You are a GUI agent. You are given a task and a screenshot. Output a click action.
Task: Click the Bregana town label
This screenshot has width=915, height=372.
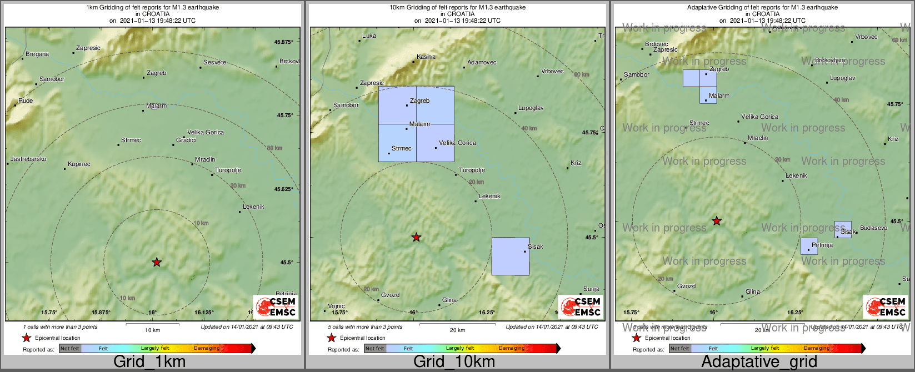[x=37, y=54]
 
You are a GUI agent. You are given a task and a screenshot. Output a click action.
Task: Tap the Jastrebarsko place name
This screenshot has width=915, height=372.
[x=28, y=159]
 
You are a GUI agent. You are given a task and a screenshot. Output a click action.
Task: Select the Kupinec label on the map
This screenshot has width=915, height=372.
[x=79, y=164]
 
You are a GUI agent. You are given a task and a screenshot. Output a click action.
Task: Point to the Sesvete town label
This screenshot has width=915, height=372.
[x=214, y=63]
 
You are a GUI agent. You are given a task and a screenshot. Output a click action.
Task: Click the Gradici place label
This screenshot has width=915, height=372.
[x=186, y=140]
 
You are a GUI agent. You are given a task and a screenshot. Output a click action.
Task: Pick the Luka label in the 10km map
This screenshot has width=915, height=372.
[x=369, y=36]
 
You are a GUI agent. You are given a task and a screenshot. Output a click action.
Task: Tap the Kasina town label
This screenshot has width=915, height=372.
[x=426, y=57]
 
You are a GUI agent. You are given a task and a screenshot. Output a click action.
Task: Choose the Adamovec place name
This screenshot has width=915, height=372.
[x=482, y=63]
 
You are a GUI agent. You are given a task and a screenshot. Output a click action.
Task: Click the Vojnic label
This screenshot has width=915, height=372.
[x=336, y=306]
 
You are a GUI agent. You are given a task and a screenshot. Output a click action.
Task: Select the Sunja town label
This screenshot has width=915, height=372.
[x=591, y=289]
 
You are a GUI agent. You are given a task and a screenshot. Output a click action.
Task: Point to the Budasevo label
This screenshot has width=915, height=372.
[x=873, y=228]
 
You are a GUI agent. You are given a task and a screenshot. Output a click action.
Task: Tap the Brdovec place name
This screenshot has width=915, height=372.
[x=657, y=44]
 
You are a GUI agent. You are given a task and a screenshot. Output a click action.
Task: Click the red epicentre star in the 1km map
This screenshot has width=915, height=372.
[x=157, y=262]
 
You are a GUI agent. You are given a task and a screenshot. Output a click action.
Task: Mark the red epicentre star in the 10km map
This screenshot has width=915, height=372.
[x=416, y=238]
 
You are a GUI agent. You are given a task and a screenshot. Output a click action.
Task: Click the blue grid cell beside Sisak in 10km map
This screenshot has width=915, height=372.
[x=510, y=257]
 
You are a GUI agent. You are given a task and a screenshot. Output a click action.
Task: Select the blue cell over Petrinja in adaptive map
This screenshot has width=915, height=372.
[x=809, y=247]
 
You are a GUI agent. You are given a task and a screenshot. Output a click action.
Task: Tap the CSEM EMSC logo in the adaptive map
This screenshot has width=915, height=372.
[x=886, y=307]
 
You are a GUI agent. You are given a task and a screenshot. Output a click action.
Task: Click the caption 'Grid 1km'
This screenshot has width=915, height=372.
[x=149, y=362]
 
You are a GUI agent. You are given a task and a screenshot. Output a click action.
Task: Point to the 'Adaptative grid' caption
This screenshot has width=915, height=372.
[x=759, y=362]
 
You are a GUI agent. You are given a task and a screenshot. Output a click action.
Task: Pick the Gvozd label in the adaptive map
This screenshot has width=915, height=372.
[x=686, y=286]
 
